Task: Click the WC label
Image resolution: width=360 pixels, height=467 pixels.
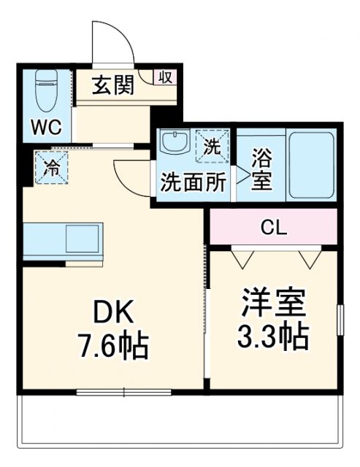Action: pyautogui.click(x=45, y=128)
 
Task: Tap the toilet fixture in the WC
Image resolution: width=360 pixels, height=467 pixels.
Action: pyautogui.click(x=45, y=90)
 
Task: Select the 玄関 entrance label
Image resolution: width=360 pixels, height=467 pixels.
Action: pyautogui.click(x=112, y=86)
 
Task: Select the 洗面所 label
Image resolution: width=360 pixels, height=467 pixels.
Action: pyautogui.click(x=194, y=182)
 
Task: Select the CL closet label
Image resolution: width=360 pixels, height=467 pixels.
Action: pyautogui.click(x=274, y=227)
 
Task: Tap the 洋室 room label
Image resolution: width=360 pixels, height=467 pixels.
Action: pyautogui.click(x=272, y=303)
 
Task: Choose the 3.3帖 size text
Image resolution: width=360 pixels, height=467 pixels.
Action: pyautogui.click(x=272, y=336)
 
